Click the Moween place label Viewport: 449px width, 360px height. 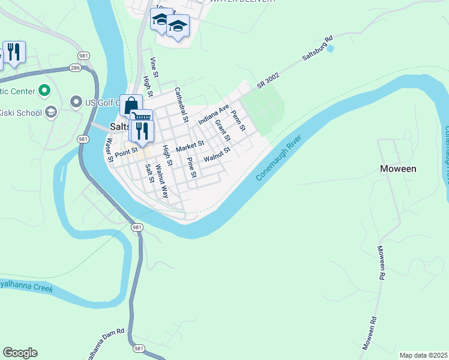(x=398, y=169)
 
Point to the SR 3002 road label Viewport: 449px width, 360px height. (x=269, y=82)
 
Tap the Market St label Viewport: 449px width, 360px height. (x=190, y=146)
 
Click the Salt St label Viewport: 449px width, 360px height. (x=149, y=171)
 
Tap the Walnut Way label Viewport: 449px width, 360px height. (x=162, y=181)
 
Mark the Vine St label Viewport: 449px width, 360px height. (x=154, y=64)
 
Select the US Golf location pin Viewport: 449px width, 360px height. (x=76, y=102)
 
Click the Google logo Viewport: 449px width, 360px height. (x=20, y=353)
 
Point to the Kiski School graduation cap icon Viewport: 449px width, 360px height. (x=51, y=112)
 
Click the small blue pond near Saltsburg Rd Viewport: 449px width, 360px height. (x=330, y=48)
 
